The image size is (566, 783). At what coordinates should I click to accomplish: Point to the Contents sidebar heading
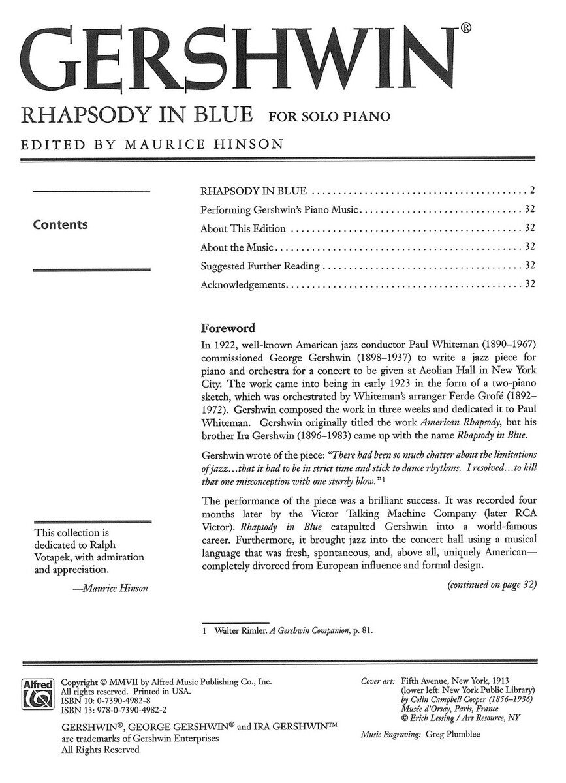tap(60, 224)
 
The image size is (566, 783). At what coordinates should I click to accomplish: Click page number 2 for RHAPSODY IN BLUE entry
tap(533, 191)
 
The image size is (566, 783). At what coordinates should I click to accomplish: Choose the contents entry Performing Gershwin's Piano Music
tap(280, 210)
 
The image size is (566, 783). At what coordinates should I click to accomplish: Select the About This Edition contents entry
tap(243, 228)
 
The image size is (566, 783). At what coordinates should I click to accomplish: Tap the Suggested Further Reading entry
tap(260, 266)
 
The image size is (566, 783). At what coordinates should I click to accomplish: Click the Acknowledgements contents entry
tap(244, 284)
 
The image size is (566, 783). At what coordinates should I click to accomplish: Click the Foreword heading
tap(227, 328)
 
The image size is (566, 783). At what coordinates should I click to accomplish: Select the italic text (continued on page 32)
tap(491, 585)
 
